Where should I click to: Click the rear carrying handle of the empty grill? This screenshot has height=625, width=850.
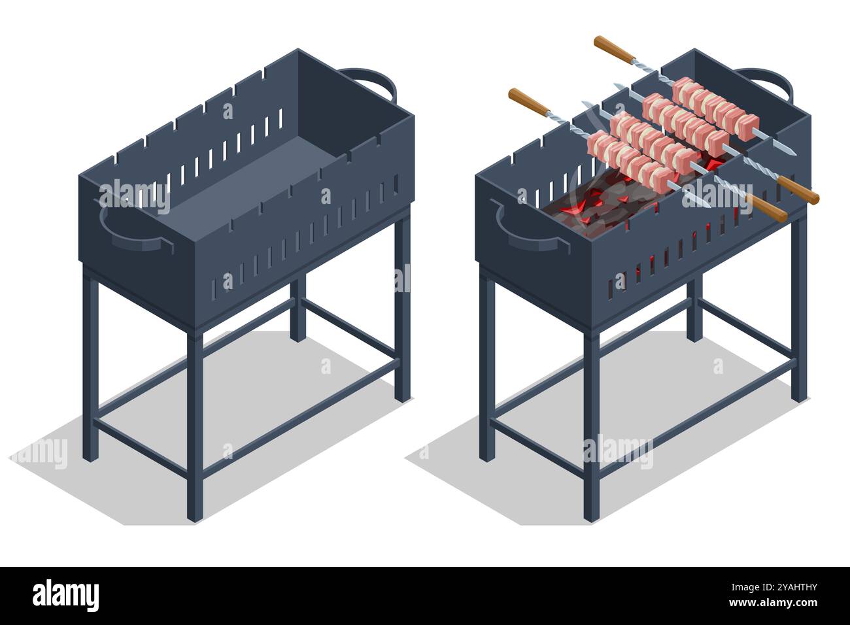(370, 82)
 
